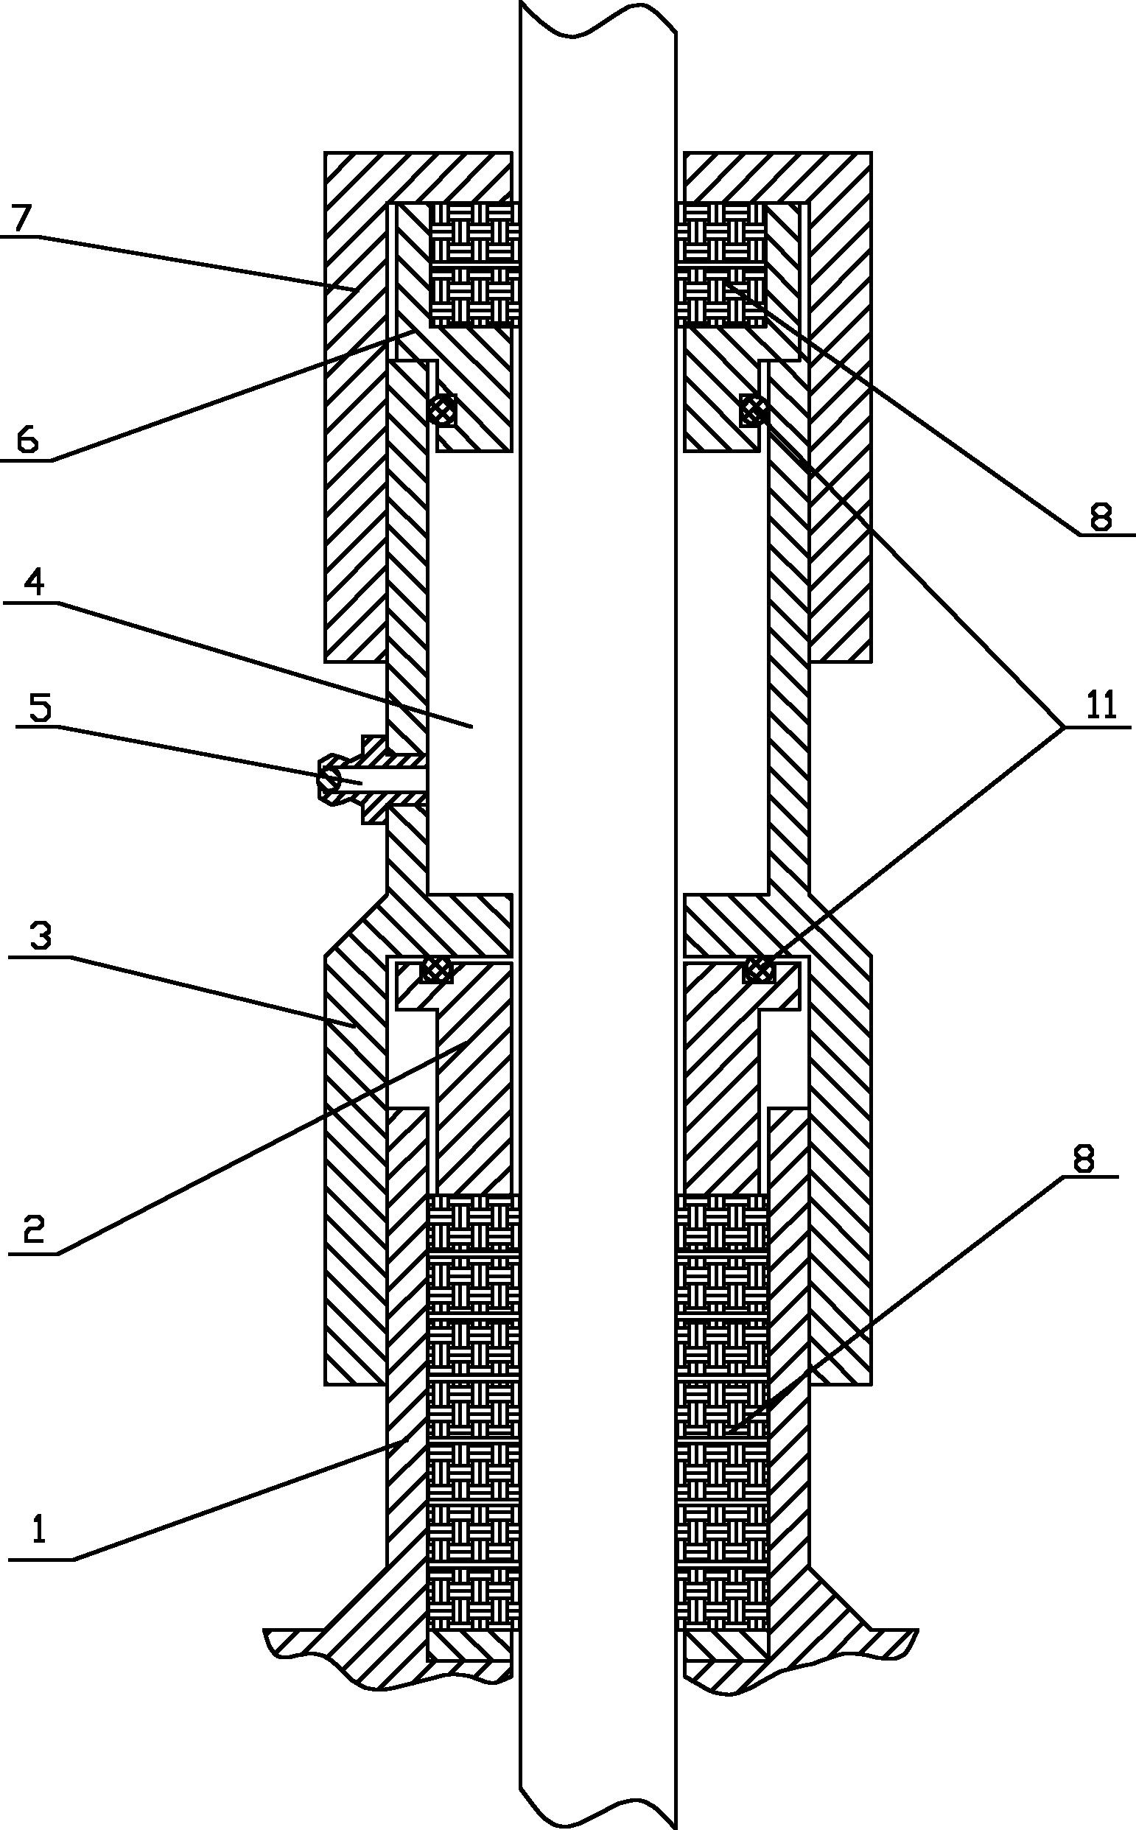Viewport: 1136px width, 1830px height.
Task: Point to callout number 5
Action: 39,709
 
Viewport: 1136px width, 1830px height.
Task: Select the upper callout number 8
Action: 1101,517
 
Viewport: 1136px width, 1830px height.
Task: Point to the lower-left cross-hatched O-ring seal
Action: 438,970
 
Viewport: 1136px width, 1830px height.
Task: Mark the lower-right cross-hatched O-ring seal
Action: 758,970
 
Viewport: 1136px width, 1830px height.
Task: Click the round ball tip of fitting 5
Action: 329,780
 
